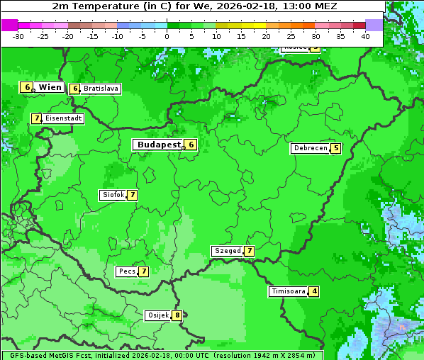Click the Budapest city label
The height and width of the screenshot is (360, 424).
click(x=159, y=145)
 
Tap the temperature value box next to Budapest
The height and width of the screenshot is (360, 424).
click(x=191, y=145)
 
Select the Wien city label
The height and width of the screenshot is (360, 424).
click(x=50, y=87)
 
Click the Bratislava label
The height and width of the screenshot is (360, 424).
click(x=101, y=89)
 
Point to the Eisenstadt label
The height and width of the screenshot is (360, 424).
click(x=63, y=118)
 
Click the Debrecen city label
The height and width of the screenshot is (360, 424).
click(x=310, y=149)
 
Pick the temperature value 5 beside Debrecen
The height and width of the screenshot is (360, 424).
click(x=336, y=149)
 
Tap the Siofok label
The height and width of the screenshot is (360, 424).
click(x=113, y=195)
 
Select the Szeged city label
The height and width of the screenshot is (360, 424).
click(x=227, y=251)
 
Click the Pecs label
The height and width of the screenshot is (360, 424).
click(x=127, y=271)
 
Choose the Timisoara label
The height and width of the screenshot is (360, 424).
click(x=288, y=291)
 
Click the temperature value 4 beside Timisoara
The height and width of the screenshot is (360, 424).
click(x=314, y=291)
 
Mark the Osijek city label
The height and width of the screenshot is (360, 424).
click(x=157, y=315)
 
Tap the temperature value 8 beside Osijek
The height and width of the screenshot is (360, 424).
click(x=177, y=315)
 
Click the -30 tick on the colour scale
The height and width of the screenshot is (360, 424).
click(x=18, y=35)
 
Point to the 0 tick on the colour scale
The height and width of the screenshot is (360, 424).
click(x=167, y=35)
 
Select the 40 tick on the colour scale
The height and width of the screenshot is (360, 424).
click(x=365, y=35)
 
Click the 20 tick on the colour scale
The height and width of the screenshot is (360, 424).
click(x=266, y=35)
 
